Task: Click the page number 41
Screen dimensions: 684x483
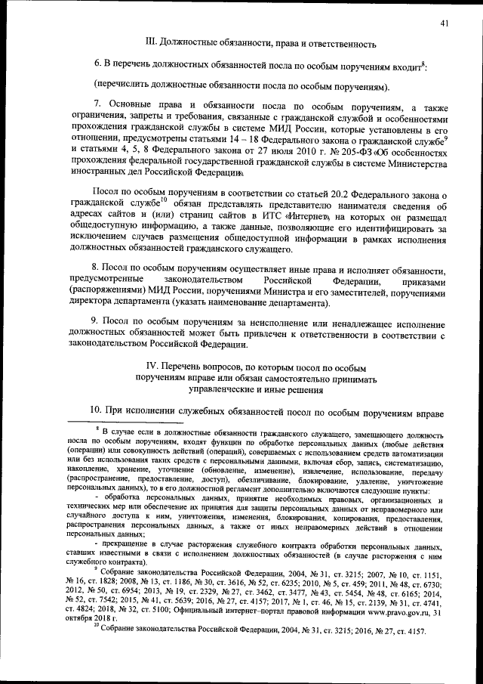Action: (445, 23)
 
